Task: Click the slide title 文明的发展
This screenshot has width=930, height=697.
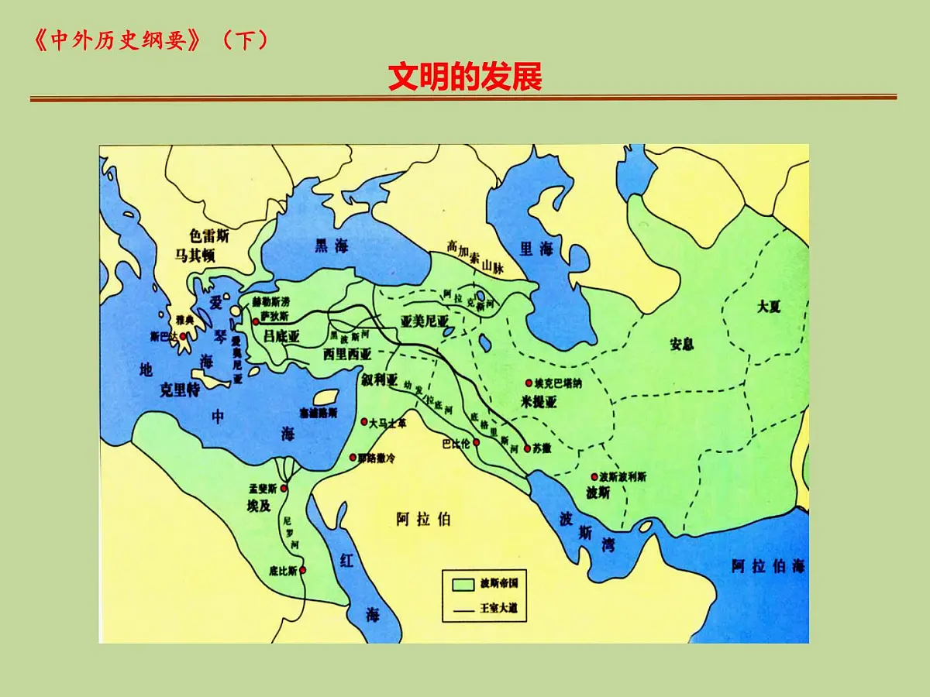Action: pos(465,77)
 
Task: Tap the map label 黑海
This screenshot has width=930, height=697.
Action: pos(331,246)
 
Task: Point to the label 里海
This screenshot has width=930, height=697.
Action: pos(536,249)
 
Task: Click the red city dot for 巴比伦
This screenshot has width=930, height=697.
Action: pos(477,442)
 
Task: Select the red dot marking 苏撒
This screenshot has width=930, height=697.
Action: pos(527,448)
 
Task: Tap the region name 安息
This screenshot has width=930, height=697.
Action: pos(682,344)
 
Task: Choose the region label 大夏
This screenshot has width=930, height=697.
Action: pos(769,306)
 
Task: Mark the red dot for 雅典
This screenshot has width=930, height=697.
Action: pos(183,336)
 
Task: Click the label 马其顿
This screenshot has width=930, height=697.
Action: pos(195,255)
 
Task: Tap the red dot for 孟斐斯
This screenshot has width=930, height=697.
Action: pos(284,489)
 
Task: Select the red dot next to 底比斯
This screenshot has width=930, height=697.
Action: pos(302,571)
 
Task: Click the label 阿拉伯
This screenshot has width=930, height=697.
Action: pos(423,519)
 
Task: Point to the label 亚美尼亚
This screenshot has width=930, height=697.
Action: pos(425,321)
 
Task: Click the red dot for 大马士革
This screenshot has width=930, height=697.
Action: pos(364,422)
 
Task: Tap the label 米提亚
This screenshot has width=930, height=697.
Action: pos(539,401)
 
